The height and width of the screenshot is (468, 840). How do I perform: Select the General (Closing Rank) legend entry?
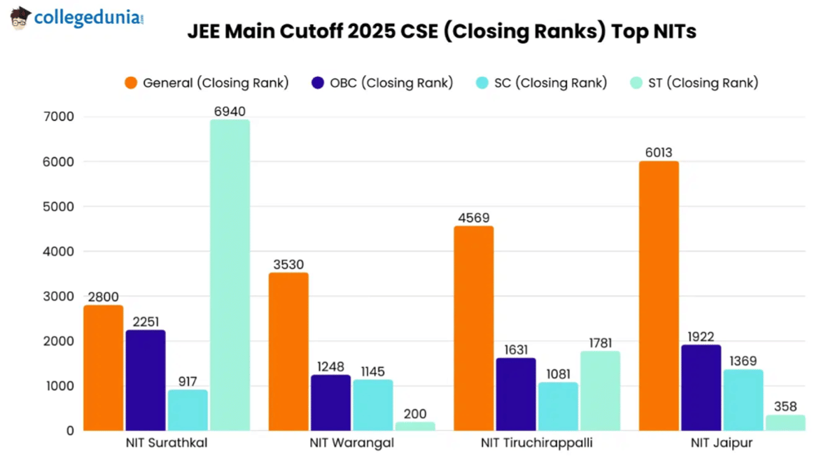[206, 83]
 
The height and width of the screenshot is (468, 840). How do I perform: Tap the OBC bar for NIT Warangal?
[331, 402]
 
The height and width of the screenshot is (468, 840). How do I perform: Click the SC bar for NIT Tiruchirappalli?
[558, 406]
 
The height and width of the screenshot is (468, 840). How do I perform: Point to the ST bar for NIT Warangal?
[414, 426]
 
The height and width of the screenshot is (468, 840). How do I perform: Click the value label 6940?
[230, 111]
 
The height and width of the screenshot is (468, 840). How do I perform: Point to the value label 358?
[785, 407]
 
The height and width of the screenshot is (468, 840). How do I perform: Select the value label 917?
[188, 382]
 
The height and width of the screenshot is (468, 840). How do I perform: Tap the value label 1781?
[600, 343]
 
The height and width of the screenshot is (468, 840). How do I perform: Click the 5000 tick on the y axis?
[60, 207]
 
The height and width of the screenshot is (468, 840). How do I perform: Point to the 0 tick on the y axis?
[70, 431]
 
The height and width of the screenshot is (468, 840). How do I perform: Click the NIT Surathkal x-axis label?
[167, 443]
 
